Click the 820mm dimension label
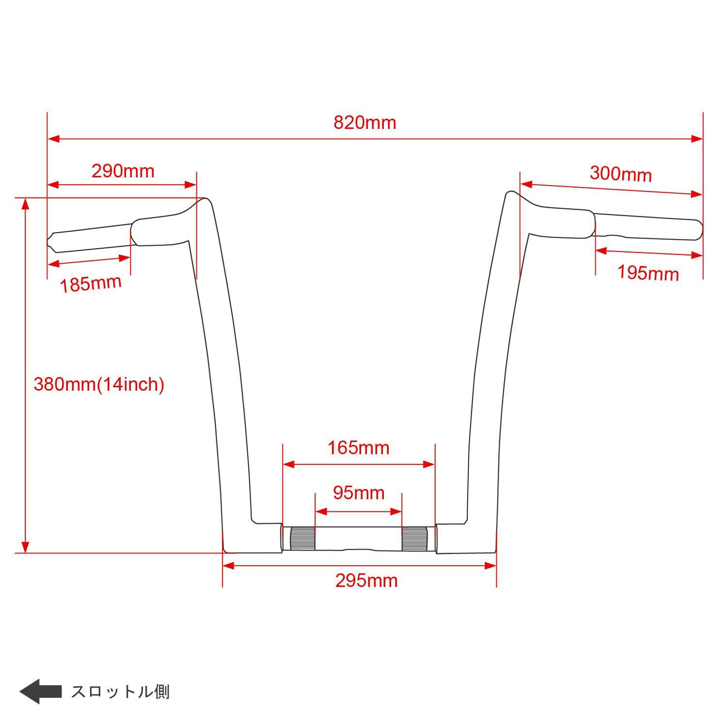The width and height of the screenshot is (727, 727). [364, 123]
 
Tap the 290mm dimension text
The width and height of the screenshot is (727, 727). [123, 171]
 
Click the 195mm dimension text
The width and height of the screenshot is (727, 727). [648, 273]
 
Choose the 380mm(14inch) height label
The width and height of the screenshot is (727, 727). [99, 384]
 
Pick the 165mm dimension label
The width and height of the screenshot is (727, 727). [359, 448]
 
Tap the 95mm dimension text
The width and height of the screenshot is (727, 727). [359, 493]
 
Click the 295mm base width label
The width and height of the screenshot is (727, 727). [366, 581]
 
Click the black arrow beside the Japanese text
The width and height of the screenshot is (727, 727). [40, 691]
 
